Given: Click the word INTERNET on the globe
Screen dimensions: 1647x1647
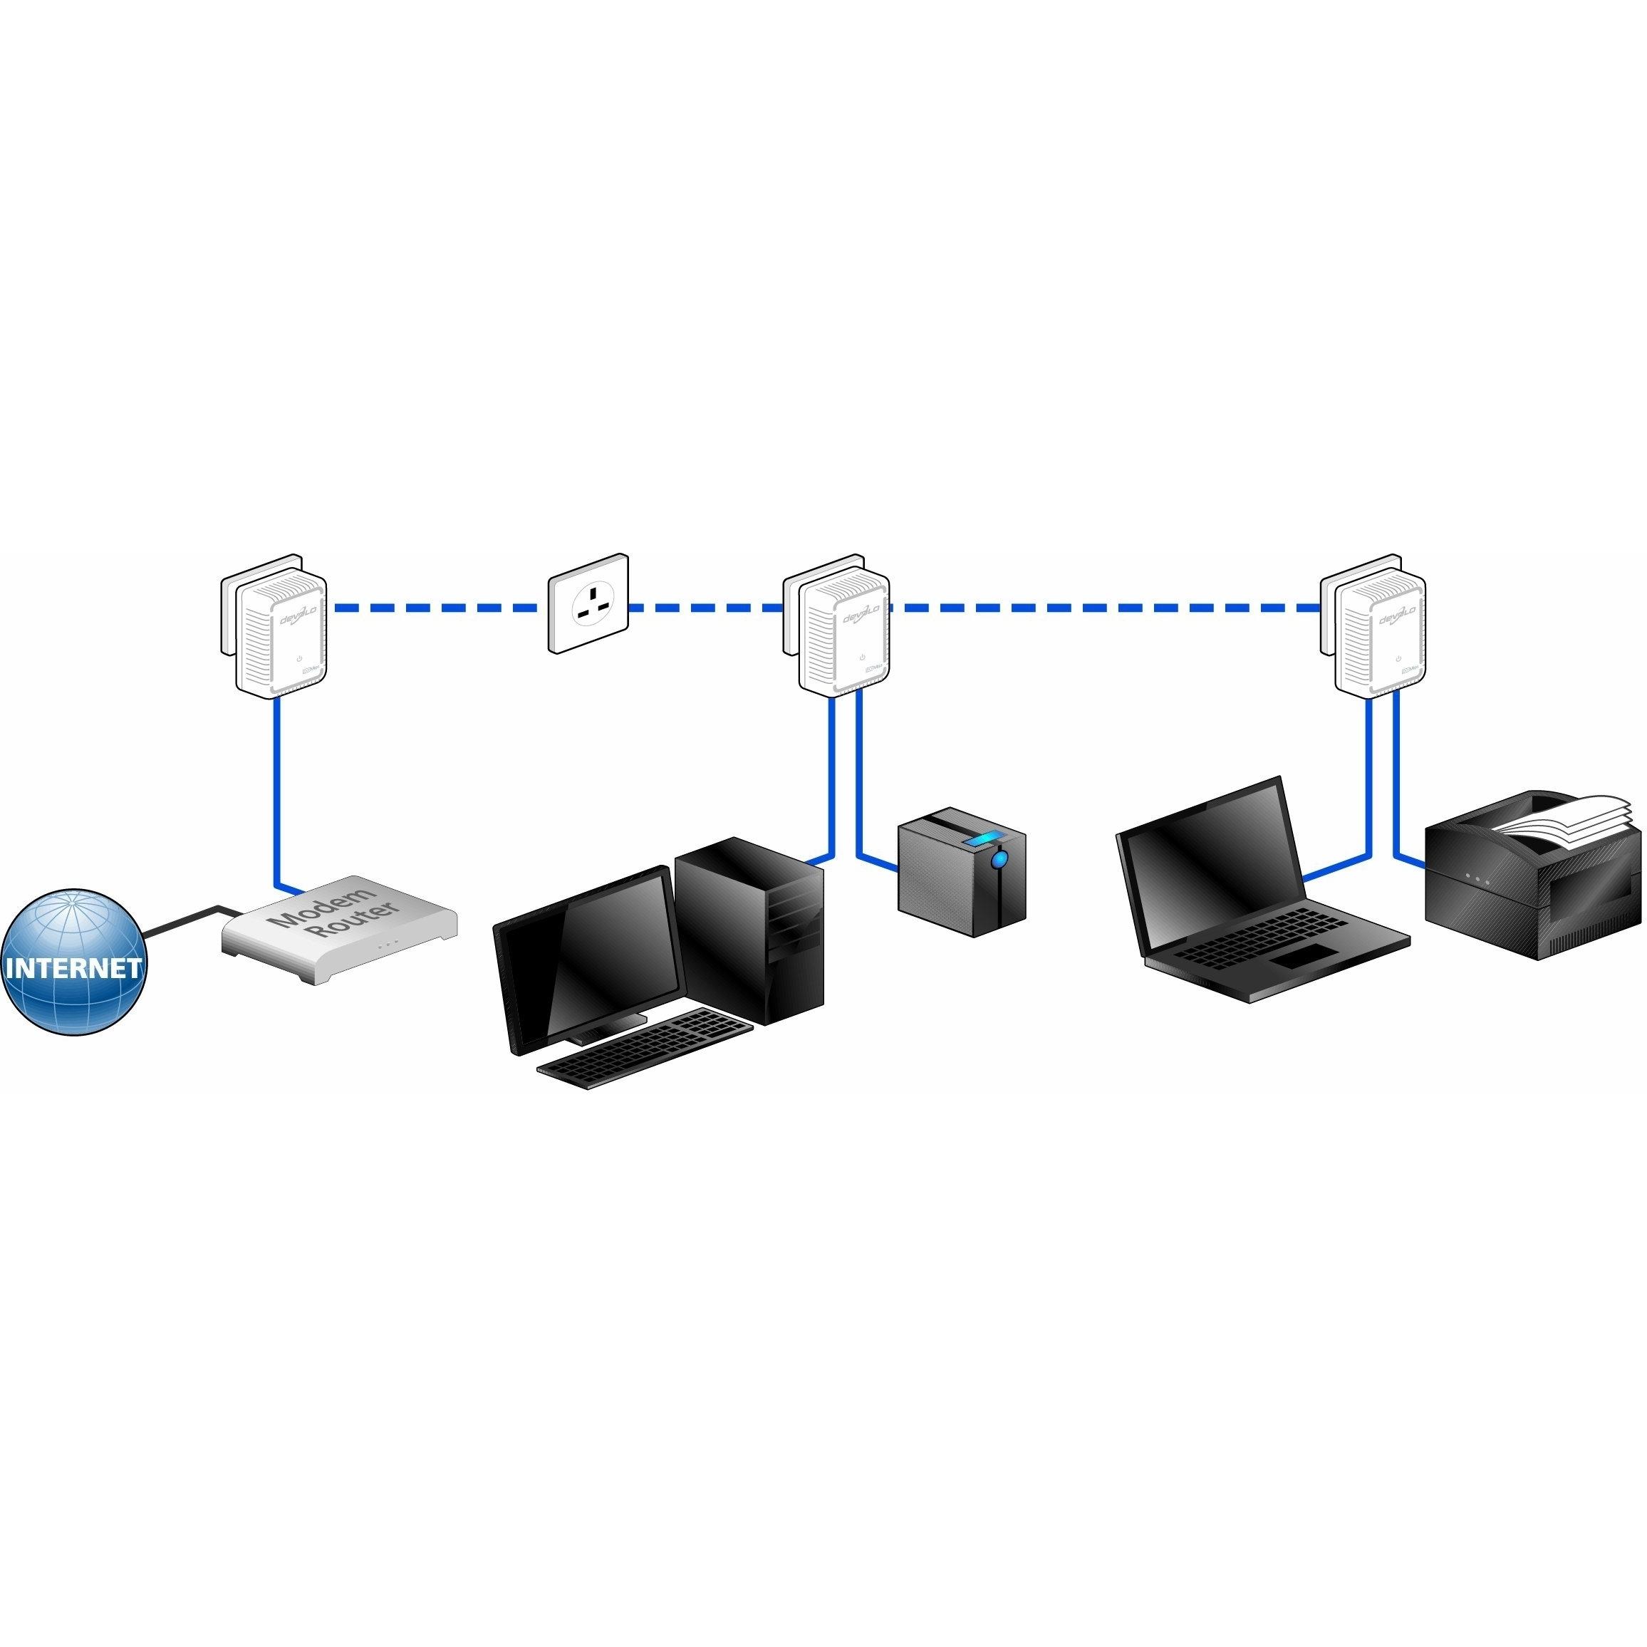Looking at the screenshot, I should [x=73, y=967].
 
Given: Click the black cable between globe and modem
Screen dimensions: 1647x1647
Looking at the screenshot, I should [x=183, y=920].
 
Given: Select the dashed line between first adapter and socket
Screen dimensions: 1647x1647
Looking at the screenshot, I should [x=435, y=608].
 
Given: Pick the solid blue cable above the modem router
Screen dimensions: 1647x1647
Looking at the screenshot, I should [x=276, y=784].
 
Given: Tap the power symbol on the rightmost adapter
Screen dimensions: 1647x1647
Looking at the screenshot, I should [x=1398, y=658].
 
